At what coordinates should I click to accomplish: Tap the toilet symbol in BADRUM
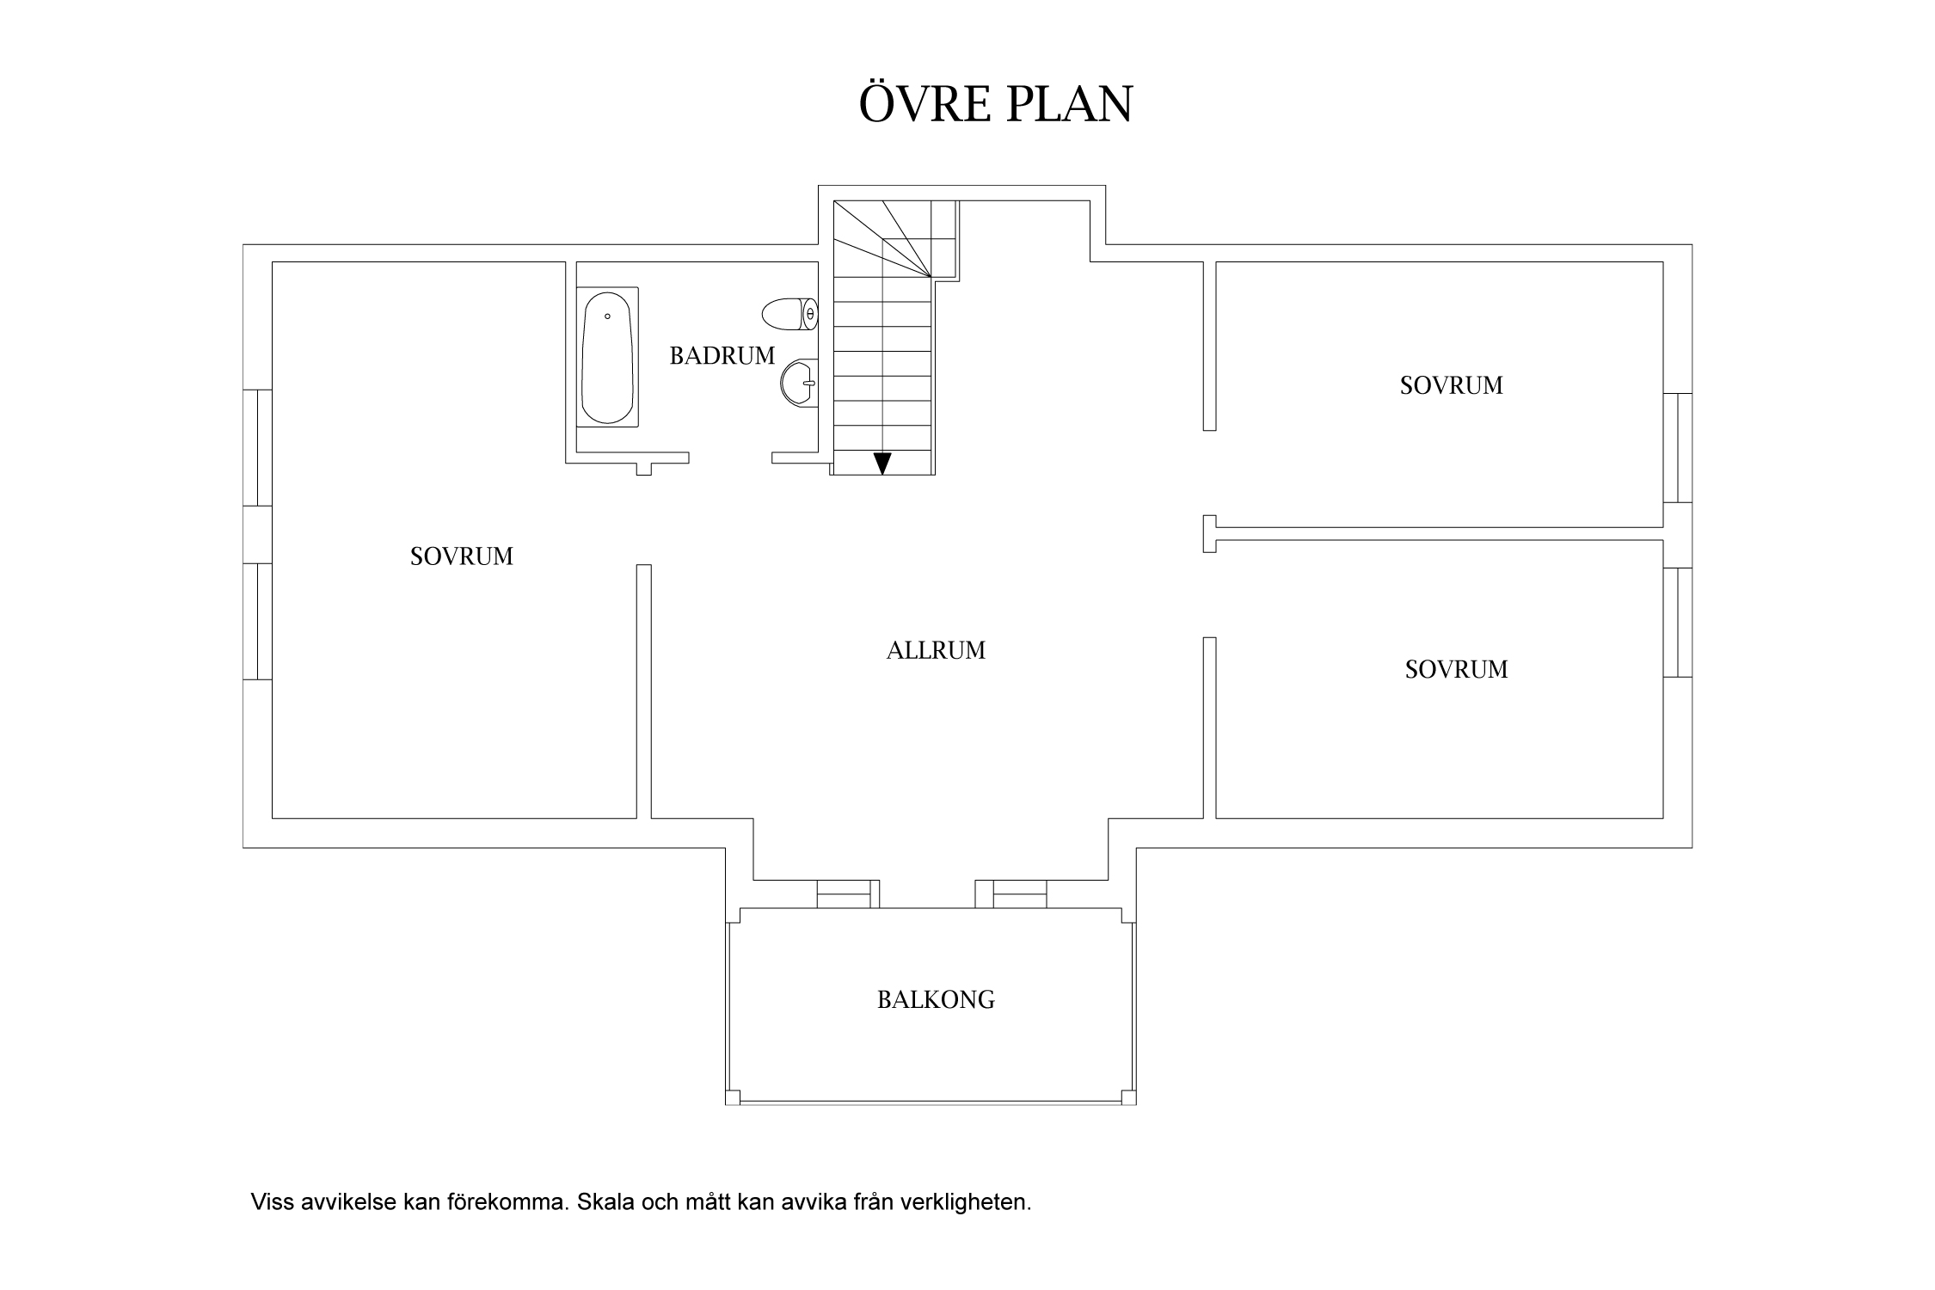(x=789, y=314)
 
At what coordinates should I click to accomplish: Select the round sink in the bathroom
(x=799, y=382)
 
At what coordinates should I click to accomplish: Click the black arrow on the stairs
(x=882, y=464)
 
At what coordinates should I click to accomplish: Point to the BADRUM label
(x=722, y=356)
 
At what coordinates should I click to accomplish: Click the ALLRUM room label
(x=936, y=651)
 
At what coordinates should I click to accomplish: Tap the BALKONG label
(x=936, y=1000)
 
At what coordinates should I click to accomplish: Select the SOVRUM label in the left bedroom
(x=462, y=557)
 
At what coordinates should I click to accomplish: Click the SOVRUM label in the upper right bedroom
(x=1452, y=386)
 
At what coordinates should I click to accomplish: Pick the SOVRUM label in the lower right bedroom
(x=1457, y=670)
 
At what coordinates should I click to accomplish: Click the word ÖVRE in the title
(x=921, y=104)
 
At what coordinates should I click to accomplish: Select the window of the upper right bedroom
(x=1678, y=447)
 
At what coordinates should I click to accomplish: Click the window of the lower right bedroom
(x=1678, y=622)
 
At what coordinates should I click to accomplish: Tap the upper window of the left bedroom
(x=258, y=447)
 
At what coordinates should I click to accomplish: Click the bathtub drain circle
(x=607, y=316)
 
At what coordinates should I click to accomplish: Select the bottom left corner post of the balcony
(x=733, y=1097)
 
